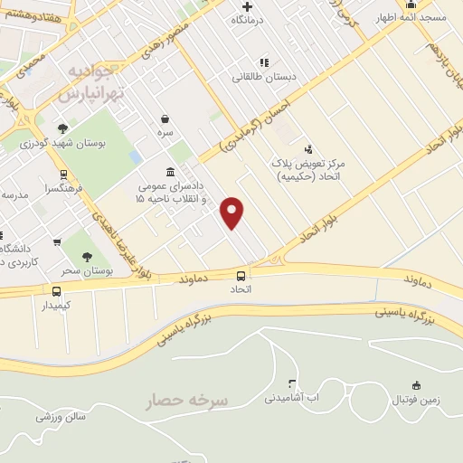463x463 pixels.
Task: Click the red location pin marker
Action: pyautogui.click(x=232, y=212)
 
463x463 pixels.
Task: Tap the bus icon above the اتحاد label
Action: pyautogui.click(x=241, y=276)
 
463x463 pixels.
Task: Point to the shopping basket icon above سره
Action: pyautogui.click(x=165, y=118)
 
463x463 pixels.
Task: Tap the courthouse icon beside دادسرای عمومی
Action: pyautogui.click(x=171, y=172)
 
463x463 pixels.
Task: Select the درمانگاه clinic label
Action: pyautogui.click(x=250, y=19)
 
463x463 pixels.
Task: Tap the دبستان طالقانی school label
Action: pyautogui.click(x=263, y=77)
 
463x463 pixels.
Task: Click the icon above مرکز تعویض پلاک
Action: pyautogui.click(x=308, y=148)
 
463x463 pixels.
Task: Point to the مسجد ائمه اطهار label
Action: pyautogui.click(x=418, y=18)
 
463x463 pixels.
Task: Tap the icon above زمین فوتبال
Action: pyautogui.click(x=416, y=385)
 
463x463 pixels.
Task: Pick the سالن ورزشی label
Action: pyautogui.click(x=61, y=417)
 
